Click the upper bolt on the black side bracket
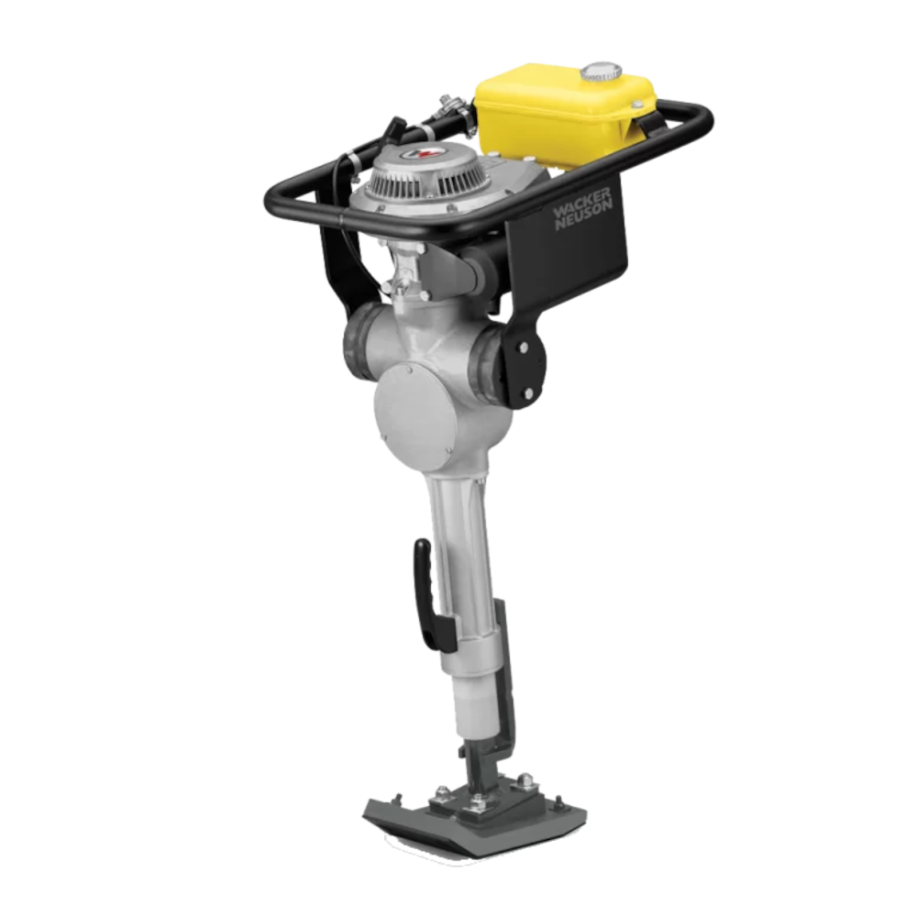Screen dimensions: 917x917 point(524,348)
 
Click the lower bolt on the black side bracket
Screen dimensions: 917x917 point(528,393)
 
